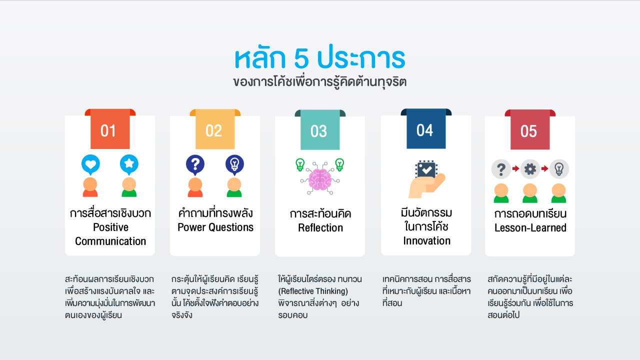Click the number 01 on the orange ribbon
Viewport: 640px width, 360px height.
[108, 131]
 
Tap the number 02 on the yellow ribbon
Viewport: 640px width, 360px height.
[213, 131]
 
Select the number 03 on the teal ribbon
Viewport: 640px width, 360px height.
[318, 131]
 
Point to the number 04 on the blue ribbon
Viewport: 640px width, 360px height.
[424, 130]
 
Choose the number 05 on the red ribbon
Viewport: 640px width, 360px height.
[528, 131]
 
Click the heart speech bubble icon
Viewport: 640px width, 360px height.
[90, 165]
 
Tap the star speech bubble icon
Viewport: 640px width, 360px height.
[129, 165]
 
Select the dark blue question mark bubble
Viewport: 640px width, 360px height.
[195, 165]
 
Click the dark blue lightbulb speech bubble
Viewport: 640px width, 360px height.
[234, 165]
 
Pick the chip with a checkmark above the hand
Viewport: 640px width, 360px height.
[426, 169]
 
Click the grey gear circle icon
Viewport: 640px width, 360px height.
[530, 169]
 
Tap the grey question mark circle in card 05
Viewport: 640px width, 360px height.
[501, 169]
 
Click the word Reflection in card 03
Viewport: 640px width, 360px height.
[320, 227]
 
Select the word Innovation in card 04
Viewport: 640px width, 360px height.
[426, 241]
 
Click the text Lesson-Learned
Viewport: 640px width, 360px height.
[530, 227]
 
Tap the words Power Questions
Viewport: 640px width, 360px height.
[215, 227]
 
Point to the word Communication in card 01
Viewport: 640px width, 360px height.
[110, 241]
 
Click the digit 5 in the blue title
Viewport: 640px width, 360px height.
[301, 58]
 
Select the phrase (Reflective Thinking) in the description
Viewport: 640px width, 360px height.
[313, 291]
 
